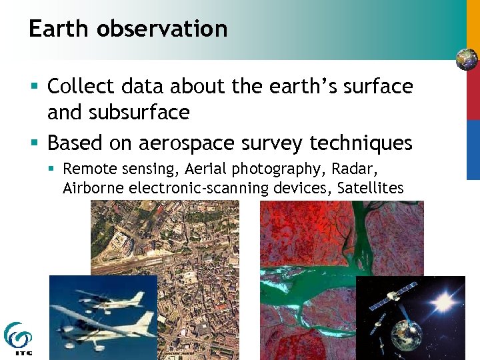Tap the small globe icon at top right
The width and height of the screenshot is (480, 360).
pos(467,59)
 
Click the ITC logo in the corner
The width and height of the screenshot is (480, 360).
pos(17,339)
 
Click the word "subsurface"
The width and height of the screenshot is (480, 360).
pos(146,113)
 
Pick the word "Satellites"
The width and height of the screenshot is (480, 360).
pos(370,188)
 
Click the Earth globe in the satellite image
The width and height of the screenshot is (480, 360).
pos(406,333)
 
